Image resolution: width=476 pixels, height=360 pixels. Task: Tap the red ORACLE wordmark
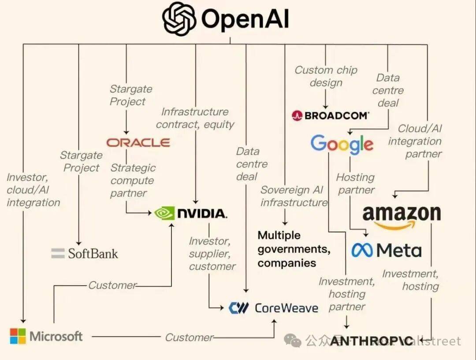[138, 142]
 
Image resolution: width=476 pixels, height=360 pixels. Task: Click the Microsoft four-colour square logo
[18, 336]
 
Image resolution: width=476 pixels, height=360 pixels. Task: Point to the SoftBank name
[93, 253]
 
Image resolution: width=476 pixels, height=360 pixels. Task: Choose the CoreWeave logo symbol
[239, 308]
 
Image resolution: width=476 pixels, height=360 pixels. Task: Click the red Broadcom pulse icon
[297, 115]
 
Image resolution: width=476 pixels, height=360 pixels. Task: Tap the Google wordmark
[342, 144]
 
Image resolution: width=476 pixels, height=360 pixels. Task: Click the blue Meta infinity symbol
[362, 250]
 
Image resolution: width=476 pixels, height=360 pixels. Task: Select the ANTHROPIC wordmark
[372, 341]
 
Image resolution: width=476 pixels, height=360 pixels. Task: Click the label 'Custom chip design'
[326, 76]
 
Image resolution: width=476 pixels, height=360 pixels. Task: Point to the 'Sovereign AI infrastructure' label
[294, 196]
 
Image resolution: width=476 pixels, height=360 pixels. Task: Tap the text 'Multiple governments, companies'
[294, 249]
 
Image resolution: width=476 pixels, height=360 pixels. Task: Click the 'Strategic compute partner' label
[132, 180]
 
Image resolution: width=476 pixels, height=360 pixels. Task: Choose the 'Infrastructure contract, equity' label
[195, 118]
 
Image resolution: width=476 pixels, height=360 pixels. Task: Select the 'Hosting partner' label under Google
[356, 184]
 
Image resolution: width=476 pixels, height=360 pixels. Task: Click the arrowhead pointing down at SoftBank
[79, 242]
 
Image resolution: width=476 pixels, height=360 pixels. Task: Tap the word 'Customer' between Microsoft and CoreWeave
[189, 338]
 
